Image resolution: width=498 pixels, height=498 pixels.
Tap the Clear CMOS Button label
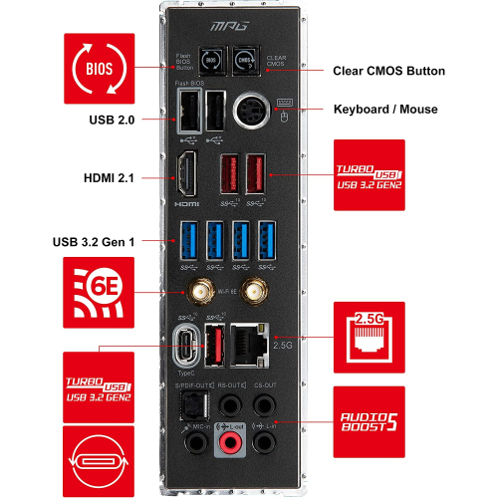[x=388, y=72]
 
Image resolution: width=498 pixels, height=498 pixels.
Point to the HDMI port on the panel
[x=186, y=175]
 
